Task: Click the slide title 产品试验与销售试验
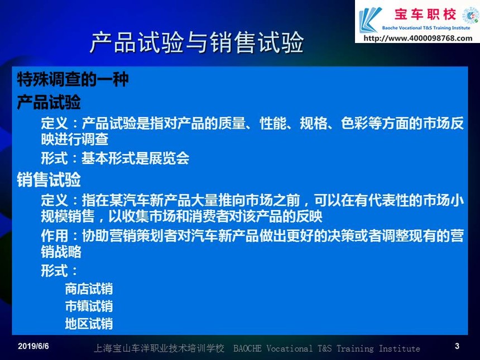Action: [197, 42]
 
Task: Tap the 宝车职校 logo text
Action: [425, 15]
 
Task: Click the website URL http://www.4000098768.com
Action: [418, 39]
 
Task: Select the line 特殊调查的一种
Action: [73, 80]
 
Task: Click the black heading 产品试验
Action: [49, 102]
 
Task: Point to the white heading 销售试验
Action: [49, 179]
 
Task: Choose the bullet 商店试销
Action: [89, 289]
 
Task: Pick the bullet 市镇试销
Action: [89, 306]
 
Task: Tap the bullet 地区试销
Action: [89, 324]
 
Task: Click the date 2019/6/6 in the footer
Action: [33, 346]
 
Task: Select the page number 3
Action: [457, 346]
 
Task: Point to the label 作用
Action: [55, 236]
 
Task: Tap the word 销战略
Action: [61, 252]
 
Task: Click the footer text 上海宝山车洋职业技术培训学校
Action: [159, 348]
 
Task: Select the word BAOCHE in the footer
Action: [247, 348]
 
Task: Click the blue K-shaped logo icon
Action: [370, 20]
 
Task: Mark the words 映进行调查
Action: [75, 140]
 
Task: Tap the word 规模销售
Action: [68, 216]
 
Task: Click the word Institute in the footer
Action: [399, 348]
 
